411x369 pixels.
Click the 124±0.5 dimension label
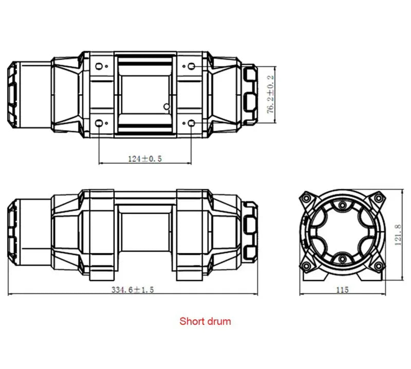[145, 159]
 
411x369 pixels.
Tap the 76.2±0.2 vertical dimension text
[270, 95]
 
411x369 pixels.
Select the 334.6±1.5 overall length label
[133, 290]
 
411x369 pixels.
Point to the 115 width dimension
[342, 290]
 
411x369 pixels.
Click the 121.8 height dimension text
[398, 235]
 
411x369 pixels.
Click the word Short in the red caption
[191, 321]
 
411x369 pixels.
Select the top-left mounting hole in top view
[99, 66]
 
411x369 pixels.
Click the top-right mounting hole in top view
[192, 66]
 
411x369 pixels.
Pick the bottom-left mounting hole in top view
[99, 123]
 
